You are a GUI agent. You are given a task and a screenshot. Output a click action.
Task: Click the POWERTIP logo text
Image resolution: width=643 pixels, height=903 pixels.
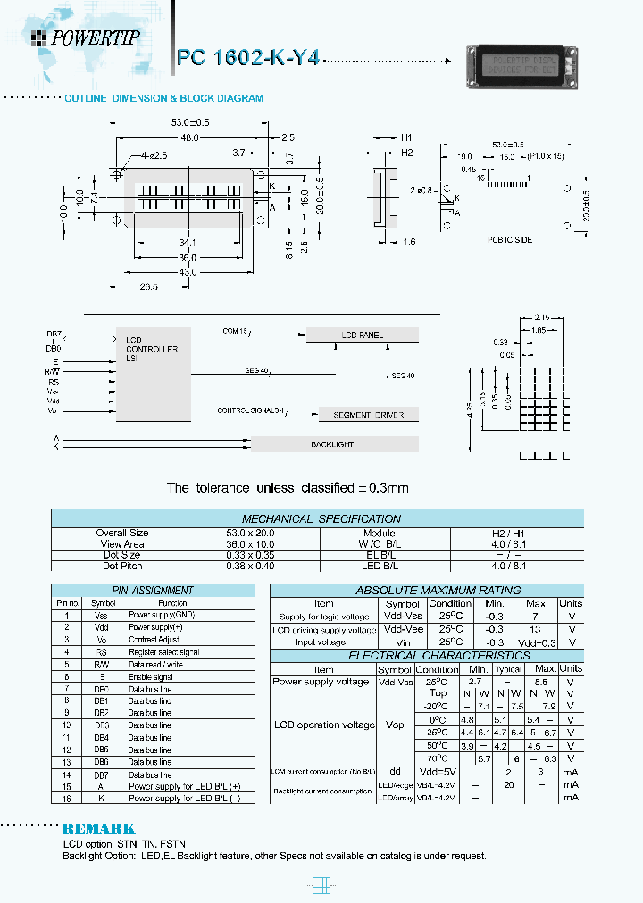click(x=95, y=37)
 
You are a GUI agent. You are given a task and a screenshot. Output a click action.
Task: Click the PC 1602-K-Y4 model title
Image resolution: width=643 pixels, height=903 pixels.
click(x=247, y=58)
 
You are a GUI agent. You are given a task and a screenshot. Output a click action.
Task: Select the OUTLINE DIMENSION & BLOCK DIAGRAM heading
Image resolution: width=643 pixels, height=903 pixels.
click(x=163, y=98)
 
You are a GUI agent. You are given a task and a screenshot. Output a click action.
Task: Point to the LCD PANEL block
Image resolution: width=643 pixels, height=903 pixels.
click(x=362, y=336)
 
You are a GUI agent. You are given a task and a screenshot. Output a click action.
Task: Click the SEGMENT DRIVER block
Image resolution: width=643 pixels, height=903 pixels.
click(x=368, y=416)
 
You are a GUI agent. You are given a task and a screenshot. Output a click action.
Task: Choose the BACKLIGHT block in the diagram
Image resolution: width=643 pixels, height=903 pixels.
click(x=332, y=444)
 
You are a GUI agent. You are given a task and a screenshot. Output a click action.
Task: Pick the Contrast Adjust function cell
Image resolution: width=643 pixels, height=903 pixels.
click(x=154, y=640)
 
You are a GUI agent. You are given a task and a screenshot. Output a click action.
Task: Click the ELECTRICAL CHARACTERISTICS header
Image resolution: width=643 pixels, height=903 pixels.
click(x=427, y=656)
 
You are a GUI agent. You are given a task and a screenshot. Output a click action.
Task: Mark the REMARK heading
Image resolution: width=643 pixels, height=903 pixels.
click(x=99, y=829)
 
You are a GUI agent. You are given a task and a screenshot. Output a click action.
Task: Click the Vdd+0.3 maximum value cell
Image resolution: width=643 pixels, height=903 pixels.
click(x=535, y=642)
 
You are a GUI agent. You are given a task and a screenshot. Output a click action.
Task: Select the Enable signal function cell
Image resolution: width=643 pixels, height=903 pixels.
click(x=152, y=677)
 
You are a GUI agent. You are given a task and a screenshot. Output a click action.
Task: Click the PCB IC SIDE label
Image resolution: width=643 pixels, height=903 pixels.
click(x=510, y=240)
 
